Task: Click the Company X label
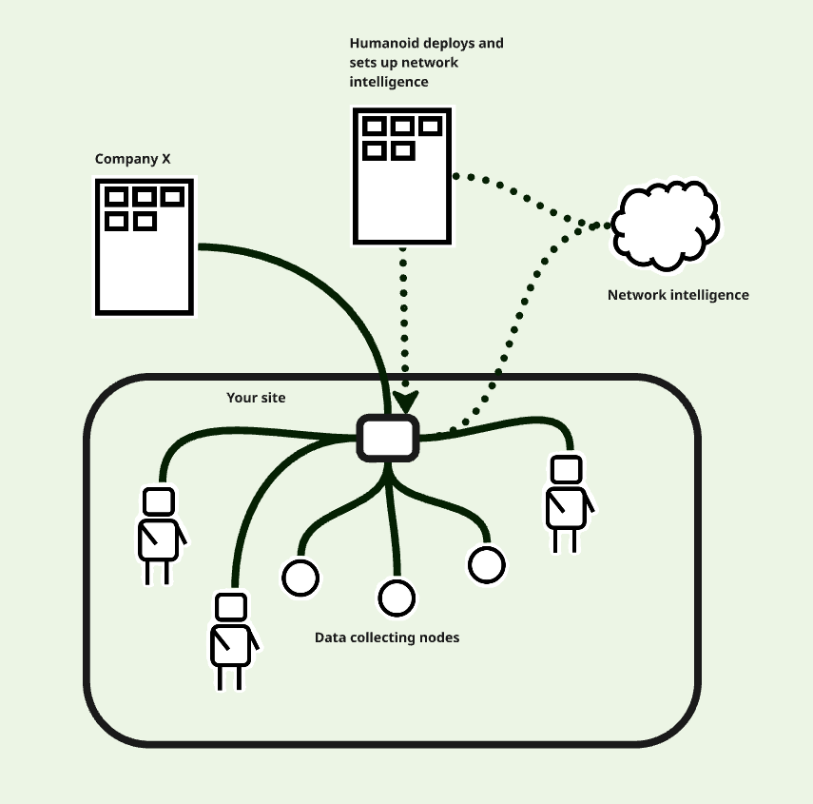coord(132,159)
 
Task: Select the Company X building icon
coord(145,247)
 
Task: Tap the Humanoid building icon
coord(402,176)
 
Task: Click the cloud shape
coord(665,226)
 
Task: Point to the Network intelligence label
coord(678,295)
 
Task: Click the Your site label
coord(256,397)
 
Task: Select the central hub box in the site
coord(388,438)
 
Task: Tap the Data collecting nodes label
coord(387,637)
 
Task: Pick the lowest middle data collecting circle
coord(397,598)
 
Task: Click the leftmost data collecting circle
coord(300,577)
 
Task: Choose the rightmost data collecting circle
coord(486,564)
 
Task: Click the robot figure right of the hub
coord(566,503)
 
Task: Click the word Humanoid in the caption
coord(382,44)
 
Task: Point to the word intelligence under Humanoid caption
coord(389,83)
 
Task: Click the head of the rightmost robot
coord(567,470)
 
